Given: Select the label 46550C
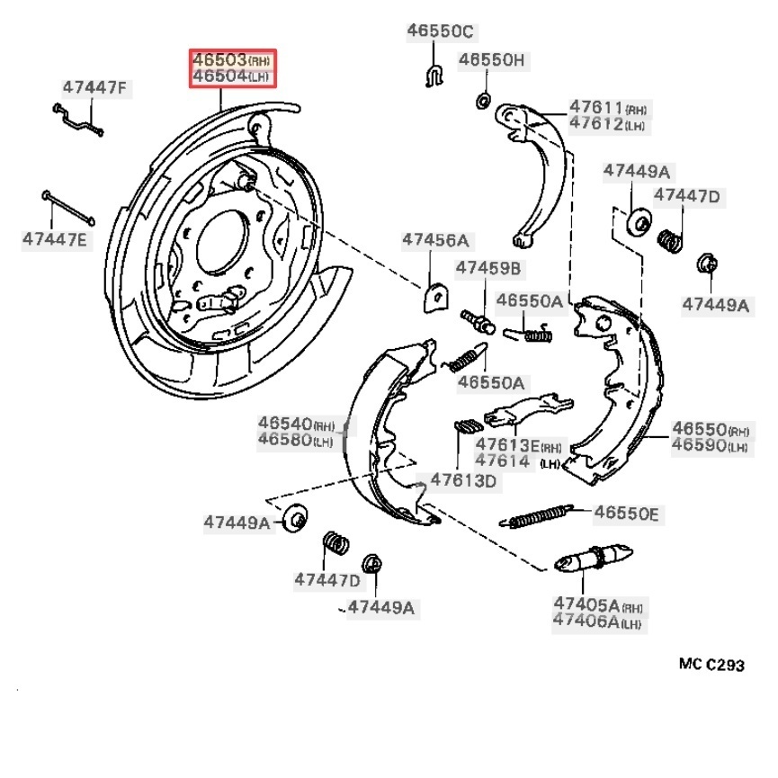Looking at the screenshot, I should click(x=439, y=31).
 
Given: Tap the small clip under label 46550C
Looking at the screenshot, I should click(x=434, y=76).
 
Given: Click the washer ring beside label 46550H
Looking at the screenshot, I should click(x=481, y=99).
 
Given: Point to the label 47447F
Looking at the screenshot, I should click(x=95, y=87).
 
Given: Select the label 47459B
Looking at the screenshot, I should click(x=488, y=267).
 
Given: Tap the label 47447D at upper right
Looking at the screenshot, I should click(x=686, y=195).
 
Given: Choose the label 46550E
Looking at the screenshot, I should click(x=626, y=514).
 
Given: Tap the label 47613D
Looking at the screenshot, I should click(x=463, y=480).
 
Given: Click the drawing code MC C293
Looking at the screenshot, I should click(x=712, y=666).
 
